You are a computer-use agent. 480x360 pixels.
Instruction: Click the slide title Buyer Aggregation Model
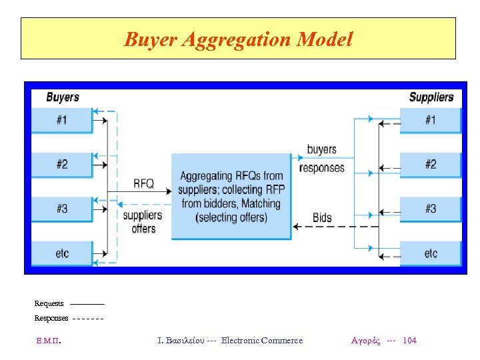point(238,39)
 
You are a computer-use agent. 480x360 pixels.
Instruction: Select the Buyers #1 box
point(62,121)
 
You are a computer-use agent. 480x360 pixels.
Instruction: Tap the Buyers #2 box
point(62,165)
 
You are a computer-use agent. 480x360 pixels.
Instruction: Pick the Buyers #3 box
point(62,209)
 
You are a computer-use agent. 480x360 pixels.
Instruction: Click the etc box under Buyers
point(62,253)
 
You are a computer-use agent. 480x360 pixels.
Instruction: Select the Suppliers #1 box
point(431,121)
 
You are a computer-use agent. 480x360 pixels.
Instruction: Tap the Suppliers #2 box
point(431,165)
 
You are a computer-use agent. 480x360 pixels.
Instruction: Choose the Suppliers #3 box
point(431,209)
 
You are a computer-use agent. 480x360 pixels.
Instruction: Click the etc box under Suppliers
point(431,253)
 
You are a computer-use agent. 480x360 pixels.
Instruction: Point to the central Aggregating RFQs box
point(231,197)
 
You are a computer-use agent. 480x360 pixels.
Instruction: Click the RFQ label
point(143,183)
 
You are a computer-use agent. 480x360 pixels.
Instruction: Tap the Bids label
point(322,218)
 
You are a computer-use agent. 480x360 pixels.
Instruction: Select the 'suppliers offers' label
point(143,222)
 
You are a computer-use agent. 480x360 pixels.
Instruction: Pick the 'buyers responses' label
point(322,159)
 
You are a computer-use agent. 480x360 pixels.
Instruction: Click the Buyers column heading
point(63,97)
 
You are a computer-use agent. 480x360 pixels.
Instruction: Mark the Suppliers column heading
point(431,97)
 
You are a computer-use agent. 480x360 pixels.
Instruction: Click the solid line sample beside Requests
point(87,304)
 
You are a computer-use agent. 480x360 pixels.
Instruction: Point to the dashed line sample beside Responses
point(87,318)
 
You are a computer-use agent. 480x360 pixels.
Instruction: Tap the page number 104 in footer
point(411,341)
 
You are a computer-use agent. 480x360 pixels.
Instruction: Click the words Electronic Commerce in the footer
point(261,341)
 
